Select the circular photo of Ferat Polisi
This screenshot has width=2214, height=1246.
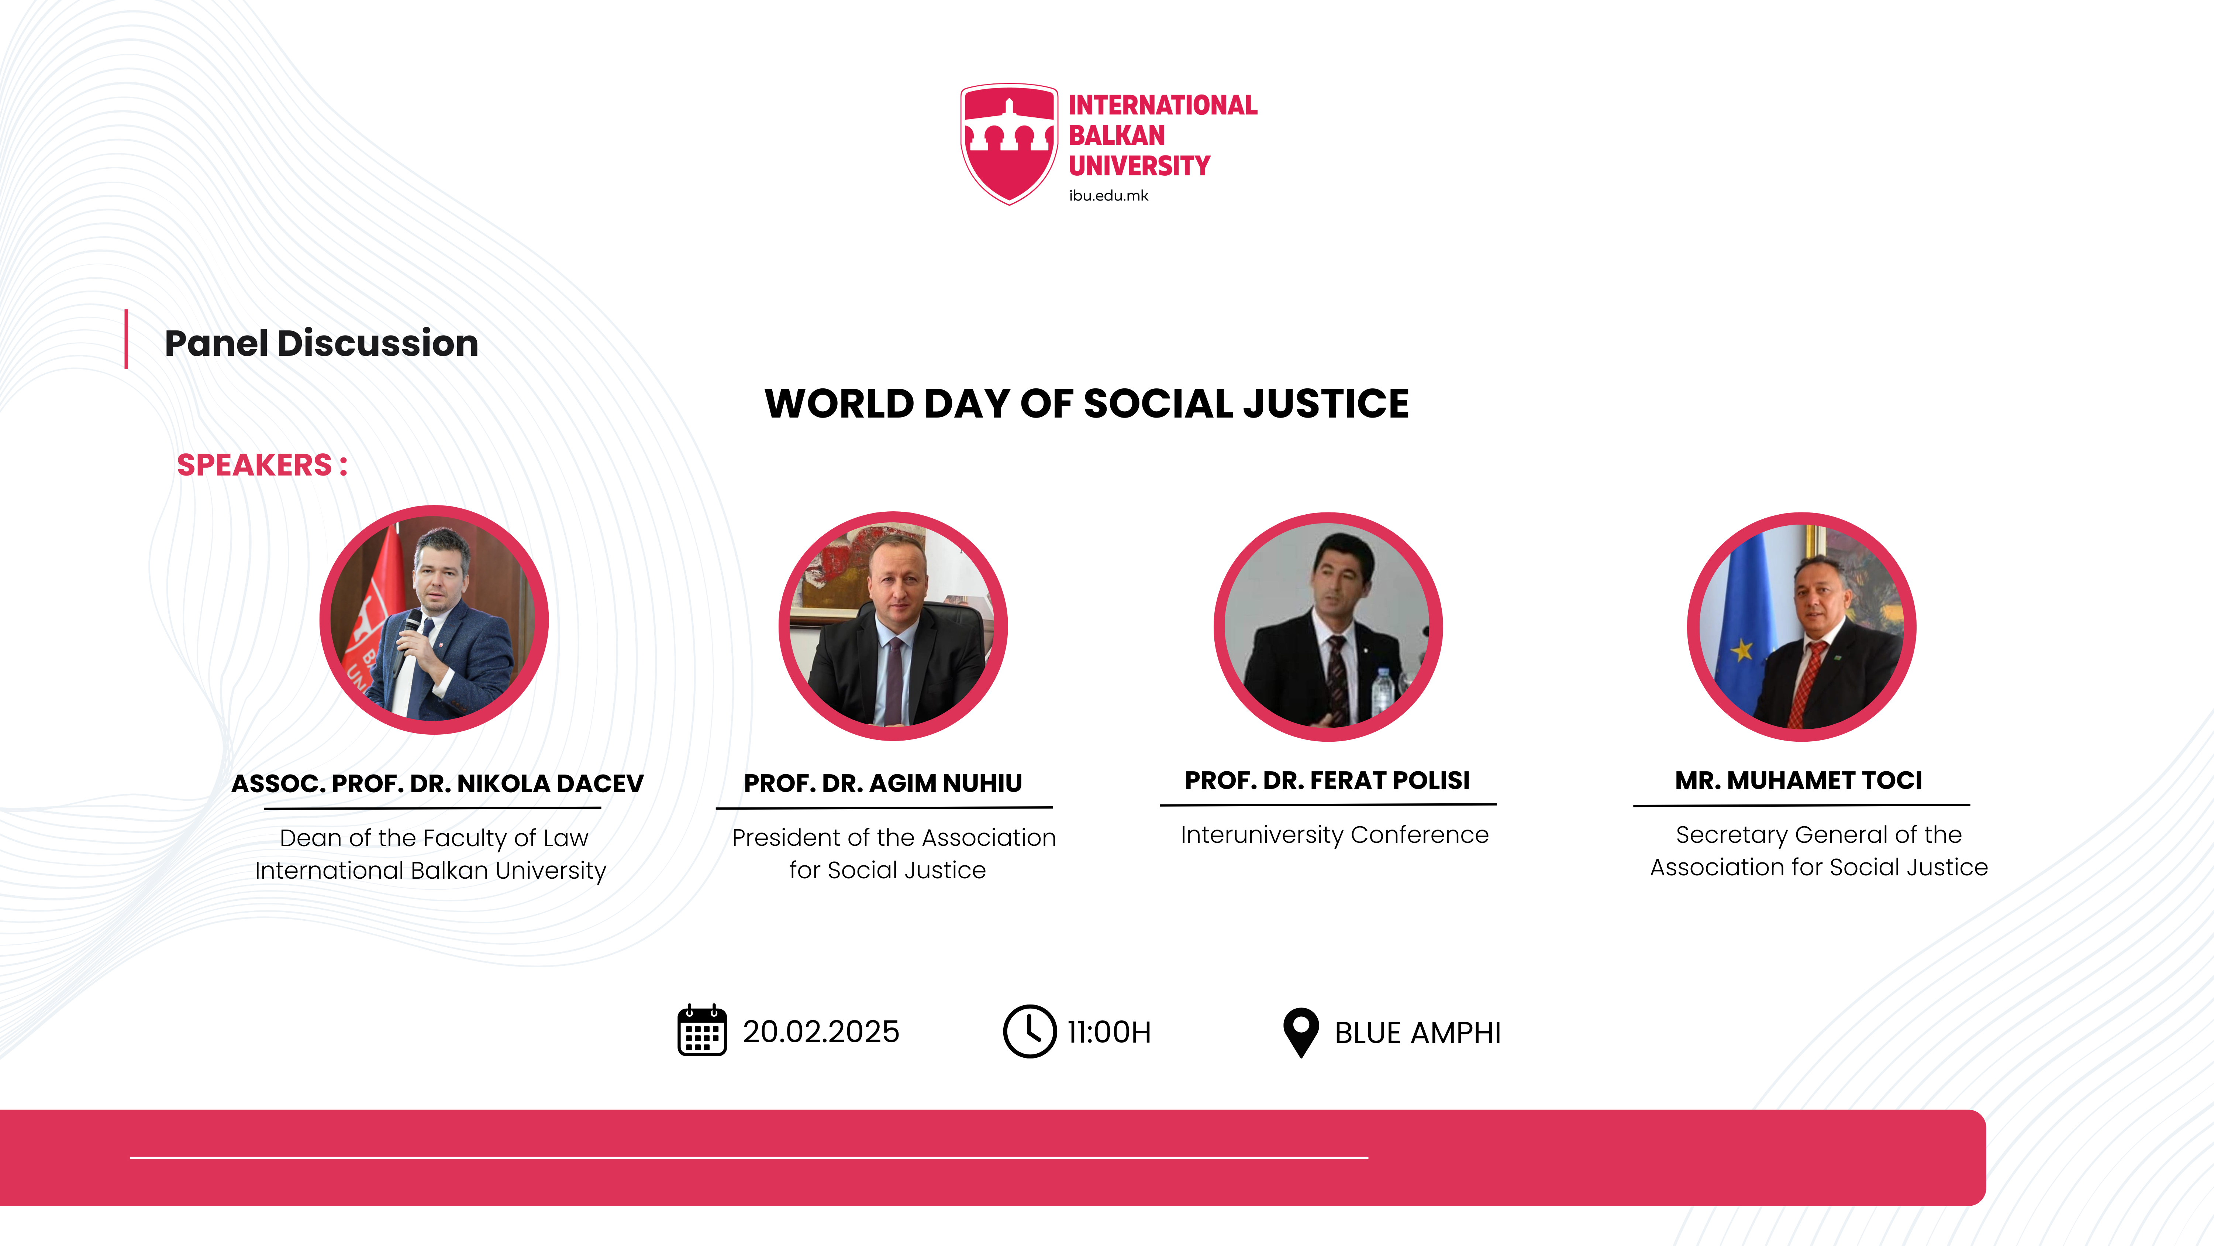(1328, 626)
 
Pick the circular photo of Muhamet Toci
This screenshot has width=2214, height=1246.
(1801, 626)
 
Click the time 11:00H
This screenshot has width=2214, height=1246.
(1109, 1032)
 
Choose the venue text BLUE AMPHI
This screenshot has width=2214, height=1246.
(1417, 1032)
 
